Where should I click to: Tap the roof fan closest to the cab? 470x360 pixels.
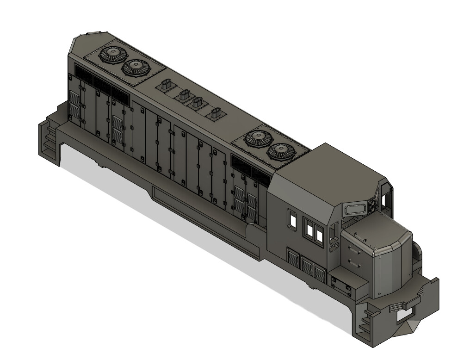(282, 151)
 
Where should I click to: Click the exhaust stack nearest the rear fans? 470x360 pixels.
(166, 85)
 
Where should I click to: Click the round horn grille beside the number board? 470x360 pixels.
(373, 205)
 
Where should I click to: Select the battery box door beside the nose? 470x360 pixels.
(342, 284)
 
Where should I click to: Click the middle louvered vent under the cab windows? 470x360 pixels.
(307, 266)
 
